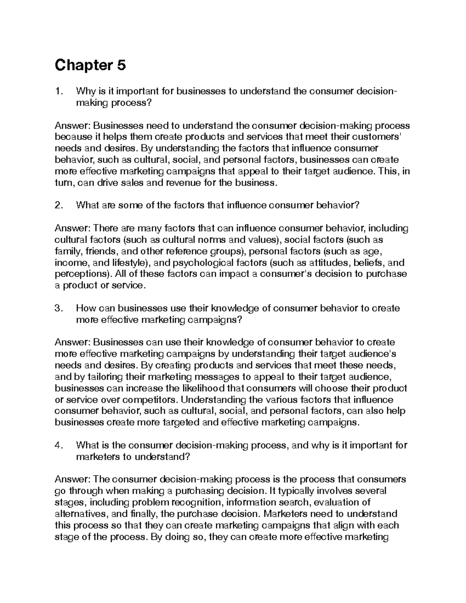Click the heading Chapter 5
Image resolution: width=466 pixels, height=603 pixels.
pos(90,66)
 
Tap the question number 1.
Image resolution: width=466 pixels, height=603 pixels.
pos(59,92)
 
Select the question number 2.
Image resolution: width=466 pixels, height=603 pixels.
pos(59,206)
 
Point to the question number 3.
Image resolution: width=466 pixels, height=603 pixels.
pos(59,308)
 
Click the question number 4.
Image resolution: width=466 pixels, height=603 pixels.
pos(59,445)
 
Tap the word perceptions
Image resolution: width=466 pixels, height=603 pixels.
pos(82,274)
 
